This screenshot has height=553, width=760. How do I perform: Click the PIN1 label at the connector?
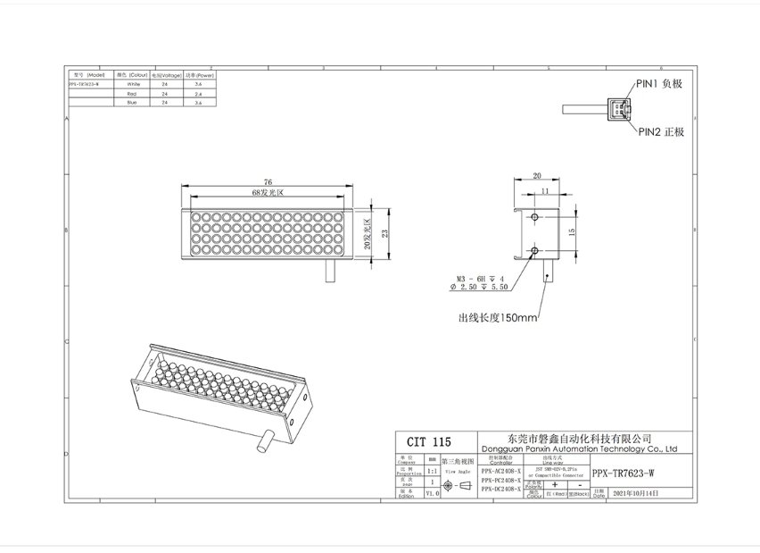(x=658, y=83)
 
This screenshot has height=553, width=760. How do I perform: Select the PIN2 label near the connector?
(x=660, y=131)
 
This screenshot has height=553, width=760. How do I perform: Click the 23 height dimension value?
(x=385, y=234)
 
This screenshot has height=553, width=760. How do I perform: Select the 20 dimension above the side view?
(x=537, y=176)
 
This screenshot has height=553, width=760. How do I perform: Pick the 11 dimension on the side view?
(x=543, y=191)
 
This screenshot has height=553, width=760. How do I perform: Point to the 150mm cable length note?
(x=498, y=317)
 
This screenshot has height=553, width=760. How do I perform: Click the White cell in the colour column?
(x=131, y=84)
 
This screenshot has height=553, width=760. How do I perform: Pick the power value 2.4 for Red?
(x=199, y=93)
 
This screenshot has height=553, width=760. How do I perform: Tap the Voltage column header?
(x=165, y=75)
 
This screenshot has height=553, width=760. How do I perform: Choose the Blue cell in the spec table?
(x=131, y=103)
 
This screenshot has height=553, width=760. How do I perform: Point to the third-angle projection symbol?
(x=454, y=486)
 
